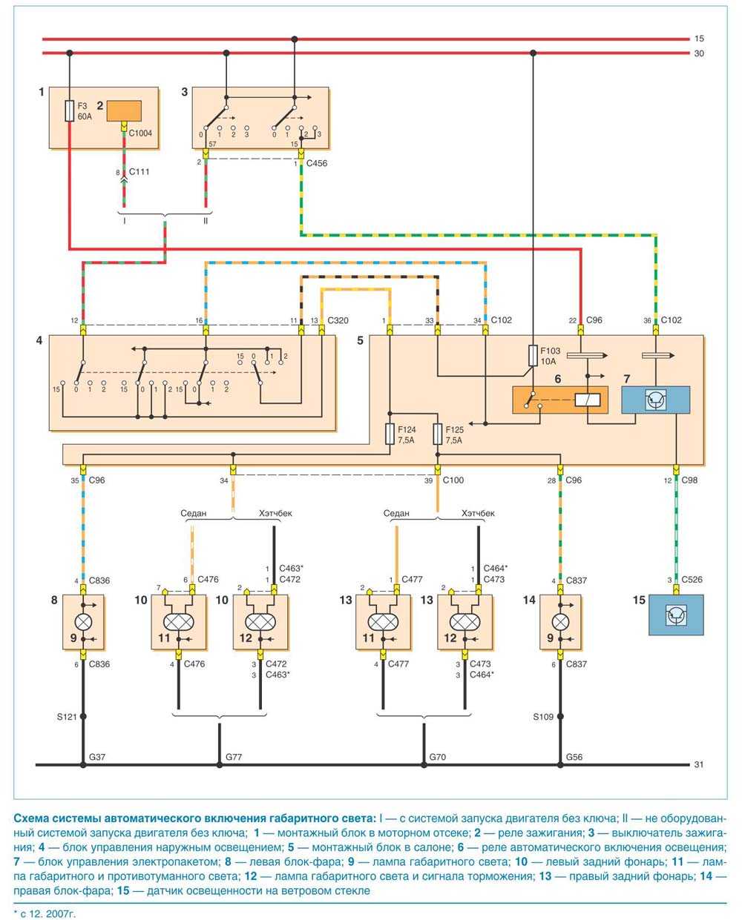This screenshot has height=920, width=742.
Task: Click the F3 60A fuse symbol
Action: tap(70, 111)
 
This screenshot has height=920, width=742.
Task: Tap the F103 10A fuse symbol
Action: tap(533, 355)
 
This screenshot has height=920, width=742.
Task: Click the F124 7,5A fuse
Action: tap(390, 434)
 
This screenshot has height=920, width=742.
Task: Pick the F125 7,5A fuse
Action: tap(438, 434)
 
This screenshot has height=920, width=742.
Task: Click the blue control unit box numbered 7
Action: tap(655, 400)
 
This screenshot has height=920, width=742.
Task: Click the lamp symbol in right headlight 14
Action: tap(561, 617)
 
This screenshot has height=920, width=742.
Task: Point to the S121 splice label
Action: tap(67, 717)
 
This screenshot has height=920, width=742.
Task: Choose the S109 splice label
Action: tap(544, 717)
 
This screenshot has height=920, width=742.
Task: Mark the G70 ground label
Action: tap(438, 757)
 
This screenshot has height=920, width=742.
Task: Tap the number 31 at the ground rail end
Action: tap(698, 764)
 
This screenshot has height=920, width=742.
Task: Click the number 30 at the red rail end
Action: tap(698, 53)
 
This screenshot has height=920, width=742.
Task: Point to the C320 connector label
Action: tap(338, 320)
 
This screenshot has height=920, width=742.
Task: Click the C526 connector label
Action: tap(694, 580)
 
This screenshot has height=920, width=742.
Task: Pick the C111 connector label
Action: tap(139, 172)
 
